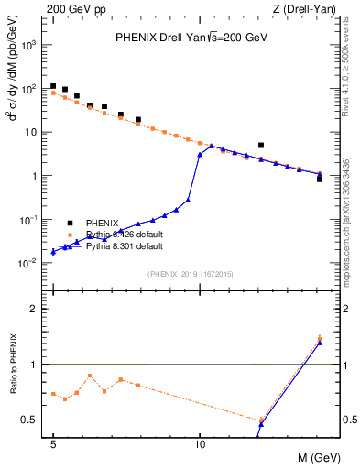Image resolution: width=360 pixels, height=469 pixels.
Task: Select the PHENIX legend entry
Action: [x=103, y=223]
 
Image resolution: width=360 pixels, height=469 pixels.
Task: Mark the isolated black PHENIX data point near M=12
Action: [x=261, y=145]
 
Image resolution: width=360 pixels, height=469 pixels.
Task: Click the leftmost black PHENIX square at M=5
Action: [x=53, y=86]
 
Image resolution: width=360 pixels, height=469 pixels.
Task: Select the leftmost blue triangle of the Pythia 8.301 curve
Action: [x=53, y=251]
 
